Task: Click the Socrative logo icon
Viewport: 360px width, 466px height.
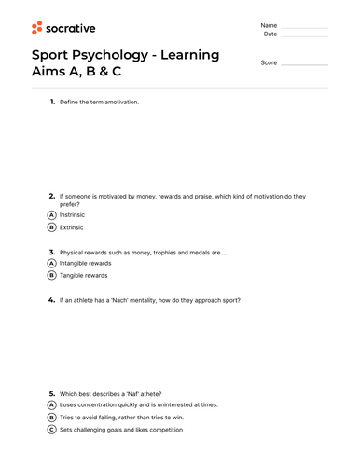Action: [x=37, y=28]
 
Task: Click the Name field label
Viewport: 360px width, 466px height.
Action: [x=269, y=25]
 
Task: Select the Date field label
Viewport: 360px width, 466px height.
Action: [x=270, y=34]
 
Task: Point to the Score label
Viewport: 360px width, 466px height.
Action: [x=269, y=62]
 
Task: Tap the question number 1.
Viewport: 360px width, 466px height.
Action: [x=52, y=101]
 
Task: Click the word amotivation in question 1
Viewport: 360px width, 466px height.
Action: [x=121, y=102]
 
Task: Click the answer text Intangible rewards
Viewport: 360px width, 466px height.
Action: [x=85, y=263]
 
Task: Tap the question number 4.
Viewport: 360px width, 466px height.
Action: [x=52, y=300]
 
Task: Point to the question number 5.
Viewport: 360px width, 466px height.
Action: [x=52, y=393]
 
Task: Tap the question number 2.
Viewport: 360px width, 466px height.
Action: [x=52, y=196]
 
